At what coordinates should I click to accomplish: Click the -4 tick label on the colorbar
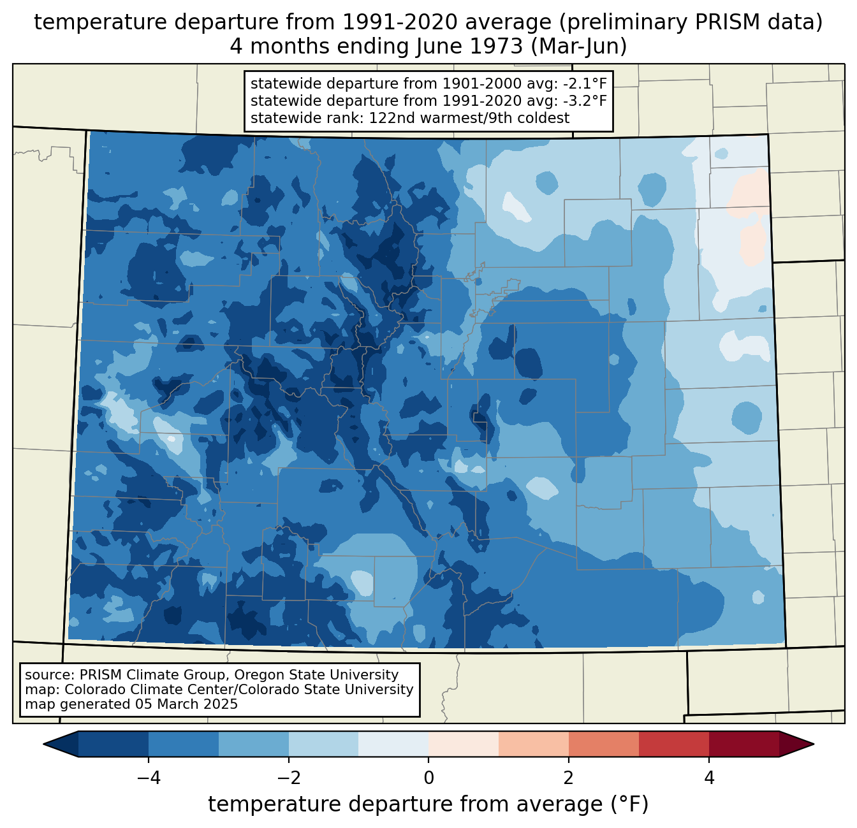point(148,778)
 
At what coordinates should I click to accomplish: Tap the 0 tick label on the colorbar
point(428,778)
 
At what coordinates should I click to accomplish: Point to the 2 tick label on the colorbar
point(569,778)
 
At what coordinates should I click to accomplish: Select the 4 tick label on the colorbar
point(709,778)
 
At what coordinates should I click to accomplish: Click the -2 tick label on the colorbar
point(288,778)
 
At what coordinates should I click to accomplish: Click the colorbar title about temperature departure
point(428,804)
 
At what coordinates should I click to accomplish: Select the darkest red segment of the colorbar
point(744,744)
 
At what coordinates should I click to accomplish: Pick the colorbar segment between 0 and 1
point(464,744)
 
